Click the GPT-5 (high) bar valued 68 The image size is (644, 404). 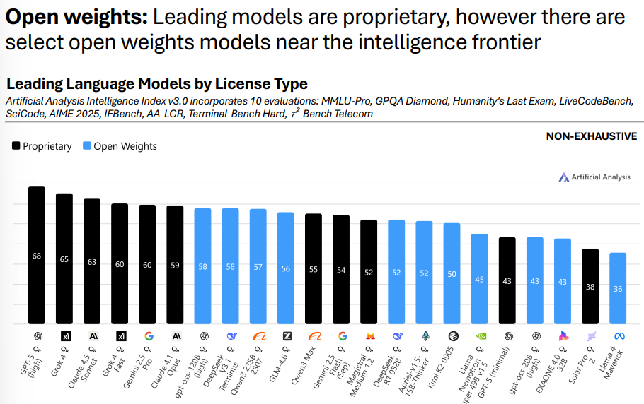click(37, 255)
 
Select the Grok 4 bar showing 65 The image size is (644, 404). click(64, 259)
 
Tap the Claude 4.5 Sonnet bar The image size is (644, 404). click(92, 261)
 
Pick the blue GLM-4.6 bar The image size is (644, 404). click(286, 268)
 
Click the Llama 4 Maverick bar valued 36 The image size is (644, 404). click(618, 288)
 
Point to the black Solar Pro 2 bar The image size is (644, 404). click(590, 286)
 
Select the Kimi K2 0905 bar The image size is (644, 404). click(452, 273)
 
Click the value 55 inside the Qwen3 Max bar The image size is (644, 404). click(314, 269)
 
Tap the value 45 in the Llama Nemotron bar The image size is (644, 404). click(479, 280)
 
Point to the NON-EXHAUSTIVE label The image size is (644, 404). click(591, 136)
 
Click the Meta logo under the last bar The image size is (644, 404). click(618, 335)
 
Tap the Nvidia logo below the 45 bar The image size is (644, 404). click(479, 335)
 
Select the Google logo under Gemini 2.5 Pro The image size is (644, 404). click(148, 335)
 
